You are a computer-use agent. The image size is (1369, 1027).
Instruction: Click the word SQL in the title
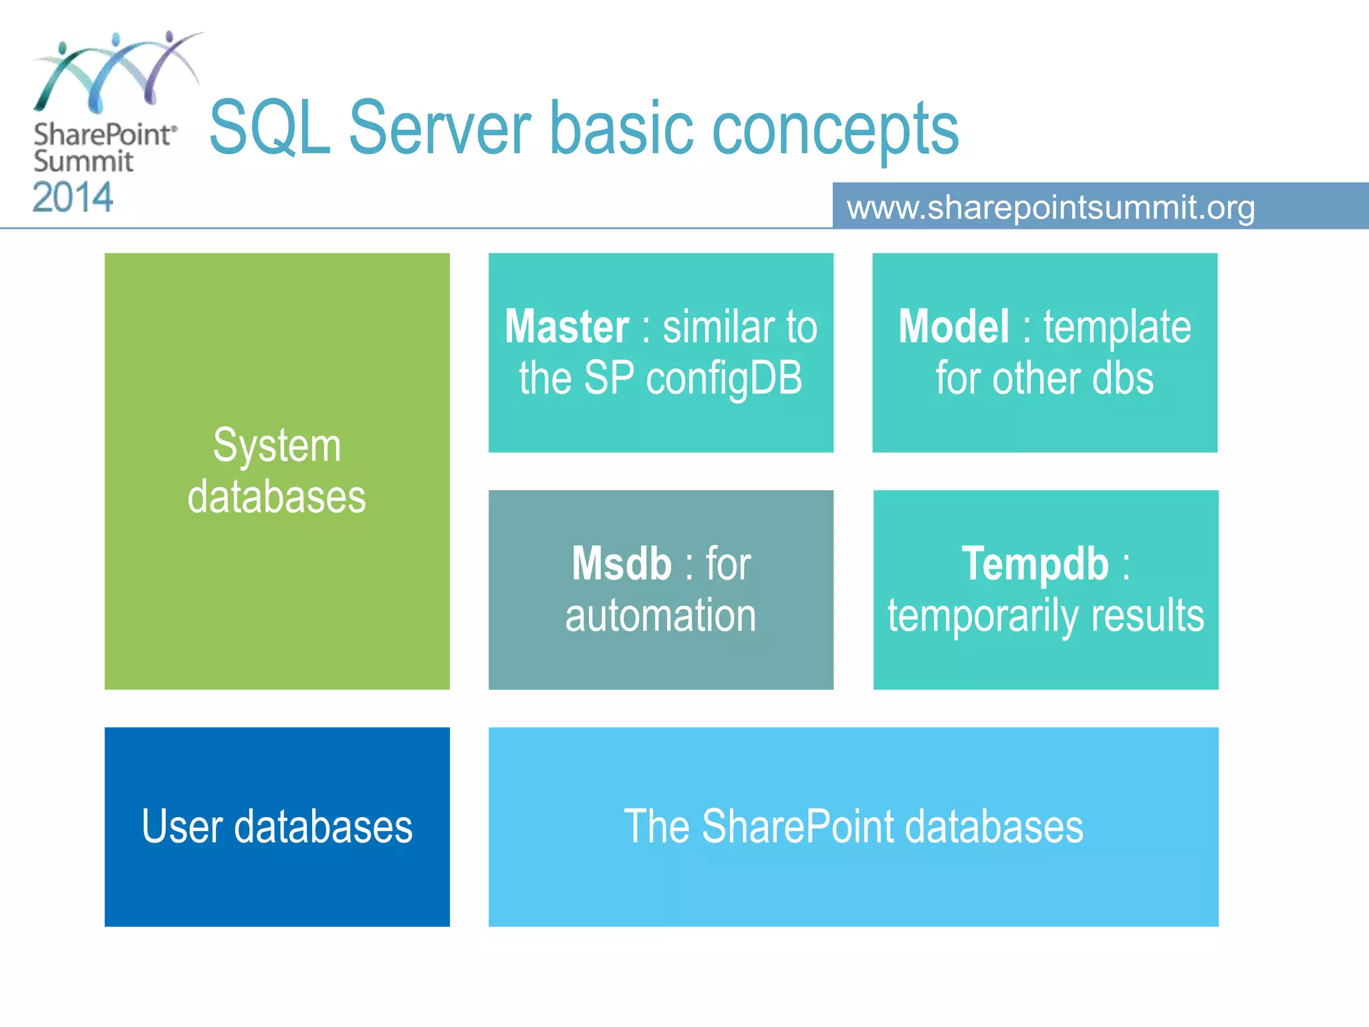pos(269,128)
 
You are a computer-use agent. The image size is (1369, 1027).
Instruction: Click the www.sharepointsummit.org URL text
pos(1051,207)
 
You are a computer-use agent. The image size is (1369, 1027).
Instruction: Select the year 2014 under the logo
pos(73,198)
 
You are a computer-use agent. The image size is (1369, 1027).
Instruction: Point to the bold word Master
pos(567,327)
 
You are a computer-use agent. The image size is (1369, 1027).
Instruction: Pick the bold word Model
pos(953,327)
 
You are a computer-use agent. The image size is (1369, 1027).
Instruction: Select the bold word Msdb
pos(622,564)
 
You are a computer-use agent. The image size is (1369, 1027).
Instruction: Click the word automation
pos(660,615)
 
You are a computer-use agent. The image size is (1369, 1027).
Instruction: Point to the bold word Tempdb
pos(1035,564)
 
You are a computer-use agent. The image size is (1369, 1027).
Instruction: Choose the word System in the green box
pos(277,446)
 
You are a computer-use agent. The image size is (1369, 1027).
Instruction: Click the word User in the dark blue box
pos(182,826)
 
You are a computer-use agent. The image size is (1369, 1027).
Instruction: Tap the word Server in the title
pos(439,128)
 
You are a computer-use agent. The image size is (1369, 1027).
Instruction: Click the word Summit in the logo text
pos(84,161)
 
